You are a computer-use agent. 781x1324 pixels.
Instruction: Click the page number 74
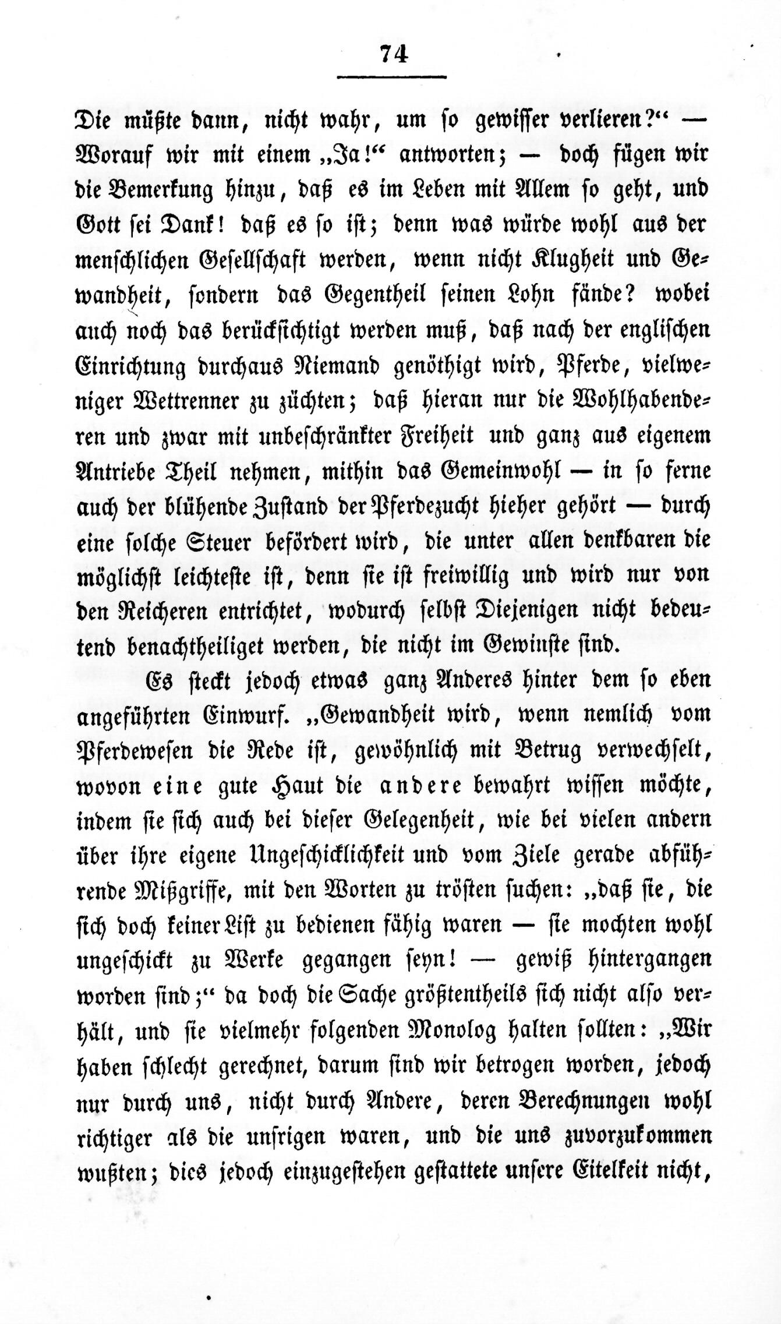tap(393, 54)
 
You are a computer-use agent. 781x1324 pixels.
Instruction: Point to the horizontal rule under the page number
tap(391, 76)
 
